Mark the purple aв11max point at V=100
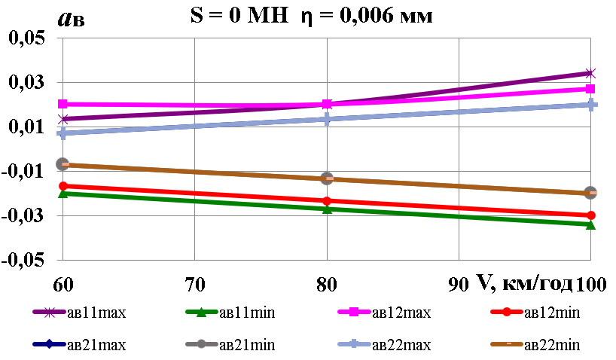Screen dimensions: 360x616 tap(590, 73)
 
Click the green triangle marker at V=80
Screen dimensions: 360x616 tap(327, 209)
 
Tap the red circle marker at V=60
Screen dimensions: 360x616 tap(63, 186)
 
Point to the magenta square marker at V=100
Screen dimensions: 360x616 tap(590, 89)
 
